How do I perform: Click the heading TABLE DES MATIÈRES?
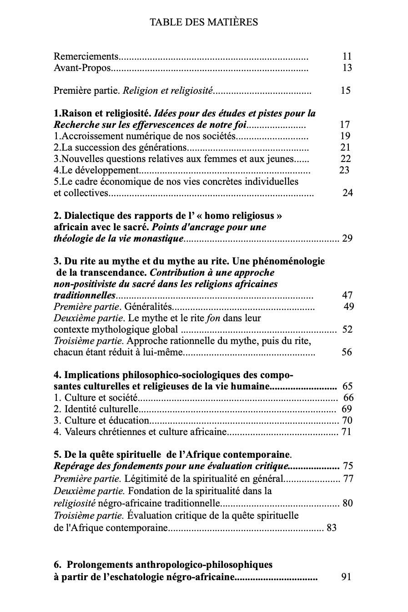(204, 22)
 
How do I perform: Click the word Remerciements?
(86, 56)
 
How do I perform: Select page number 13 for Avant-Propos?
(347, 68)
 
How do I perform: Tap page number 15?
(345, 90)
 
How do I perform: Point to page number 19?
(345, 136)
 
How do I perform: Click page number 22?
(345, 158)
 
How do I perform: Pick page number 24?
(348, 192)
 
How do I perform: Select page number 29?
(347, 238)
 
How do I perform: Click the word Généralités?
(146, 306)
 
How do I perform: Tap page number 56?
(347, 352)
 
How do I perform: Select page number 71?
(347, 432)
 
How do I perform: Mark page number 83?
(332, 528)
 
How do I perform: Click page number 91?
(346, 577)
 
